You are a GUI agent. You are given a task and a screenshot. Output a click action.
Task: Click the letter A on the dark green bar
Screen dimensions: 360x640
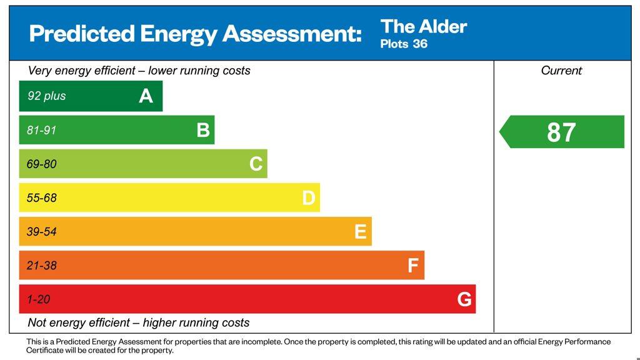pos(146,96)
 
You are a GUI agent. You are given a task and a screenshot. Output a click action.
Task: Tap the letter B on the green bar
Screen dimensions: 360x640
pos(203,130)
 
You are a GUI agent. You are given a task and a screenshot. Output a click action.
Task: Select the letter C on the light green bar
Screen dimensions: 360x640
pos(256,164)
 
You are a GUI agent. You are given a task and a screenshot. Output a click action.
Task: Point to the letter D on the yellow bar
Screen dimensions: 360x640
pos(309,198)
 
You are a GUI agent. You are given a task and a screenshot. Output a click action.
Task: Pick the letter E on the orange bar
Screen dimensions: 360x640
pos(360,232)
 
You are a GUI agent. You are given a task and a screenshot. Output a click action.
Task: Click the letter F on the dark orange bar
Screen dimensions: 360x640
pos(412,266)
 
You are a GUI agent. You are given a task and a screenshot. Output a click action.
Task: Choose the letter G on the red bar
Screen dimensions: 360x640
pos(464,299)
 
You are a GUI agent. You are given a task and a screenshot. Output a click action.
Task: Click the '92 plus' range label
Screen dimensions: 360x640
pos(46,96)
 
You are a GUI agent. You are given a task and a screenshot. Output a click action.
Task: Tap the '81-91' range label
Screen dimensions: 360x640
pos(41,131)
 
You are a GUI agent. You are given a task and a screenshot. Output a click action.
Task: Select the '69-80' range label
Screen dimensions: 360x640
pos(41,164)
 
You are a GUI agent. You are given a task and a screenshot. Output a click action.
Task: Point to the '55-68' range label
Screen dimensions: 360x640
pos(41,198)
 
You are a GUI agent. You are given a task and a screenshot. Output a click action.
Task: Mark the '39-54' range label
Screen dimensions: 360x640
pos(41,232)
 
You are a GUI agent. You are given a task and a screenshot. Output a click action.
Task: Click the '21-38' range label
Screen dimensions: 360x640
pos(41,266)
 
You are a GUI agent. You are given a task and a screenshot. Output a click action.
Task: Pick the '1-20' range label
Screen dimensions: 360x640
pos(38,299)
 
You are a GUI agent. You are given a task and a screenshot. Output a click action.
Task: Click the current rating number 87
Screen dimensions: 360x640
pos(561,132)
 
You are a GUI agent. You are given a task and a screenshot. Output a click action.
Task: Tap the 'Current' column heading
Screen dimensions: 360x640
pos(561,71)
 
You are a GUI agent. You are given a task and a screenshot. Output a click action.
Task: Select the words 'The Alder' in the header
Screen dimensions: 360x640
pos(424,27)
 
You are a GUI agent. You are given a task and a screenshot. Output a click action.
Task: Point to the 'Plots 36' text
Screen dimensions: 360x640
pos(404,44)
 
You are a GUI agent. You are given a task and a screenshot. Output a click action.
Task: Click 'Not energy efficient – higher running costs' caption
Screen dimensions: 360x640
pos(139,323)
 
